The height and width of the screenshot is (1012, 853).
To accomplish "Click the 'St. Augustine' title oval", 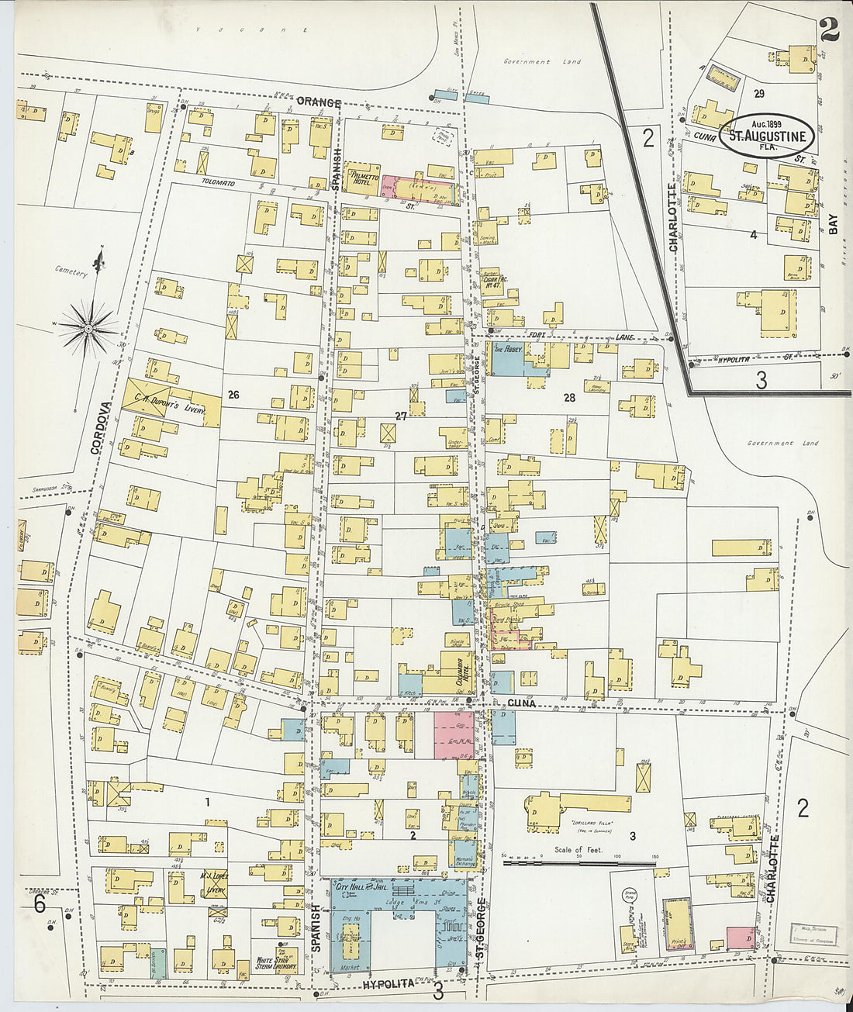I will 766,136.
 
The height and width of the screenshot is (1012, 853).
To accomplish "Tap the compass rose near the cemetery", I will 89,328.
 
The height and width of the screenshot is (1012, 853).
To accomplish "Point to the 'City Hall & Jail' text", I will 361,886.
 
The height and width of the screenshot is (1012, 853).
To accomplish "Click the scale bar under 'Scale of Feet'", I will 580,861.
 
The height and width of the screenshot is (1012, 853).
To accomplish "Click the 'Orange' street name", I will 319,102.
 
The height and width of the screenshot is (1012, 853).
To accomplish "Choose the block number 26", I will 233,395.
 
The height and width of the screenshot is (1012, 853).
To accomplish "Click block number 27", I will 401,416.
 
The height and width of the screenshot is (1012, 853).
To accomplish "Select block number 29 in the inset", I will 758,93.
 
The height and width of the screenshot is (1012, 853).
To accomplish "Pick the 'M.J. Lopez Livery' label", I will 212,881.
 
